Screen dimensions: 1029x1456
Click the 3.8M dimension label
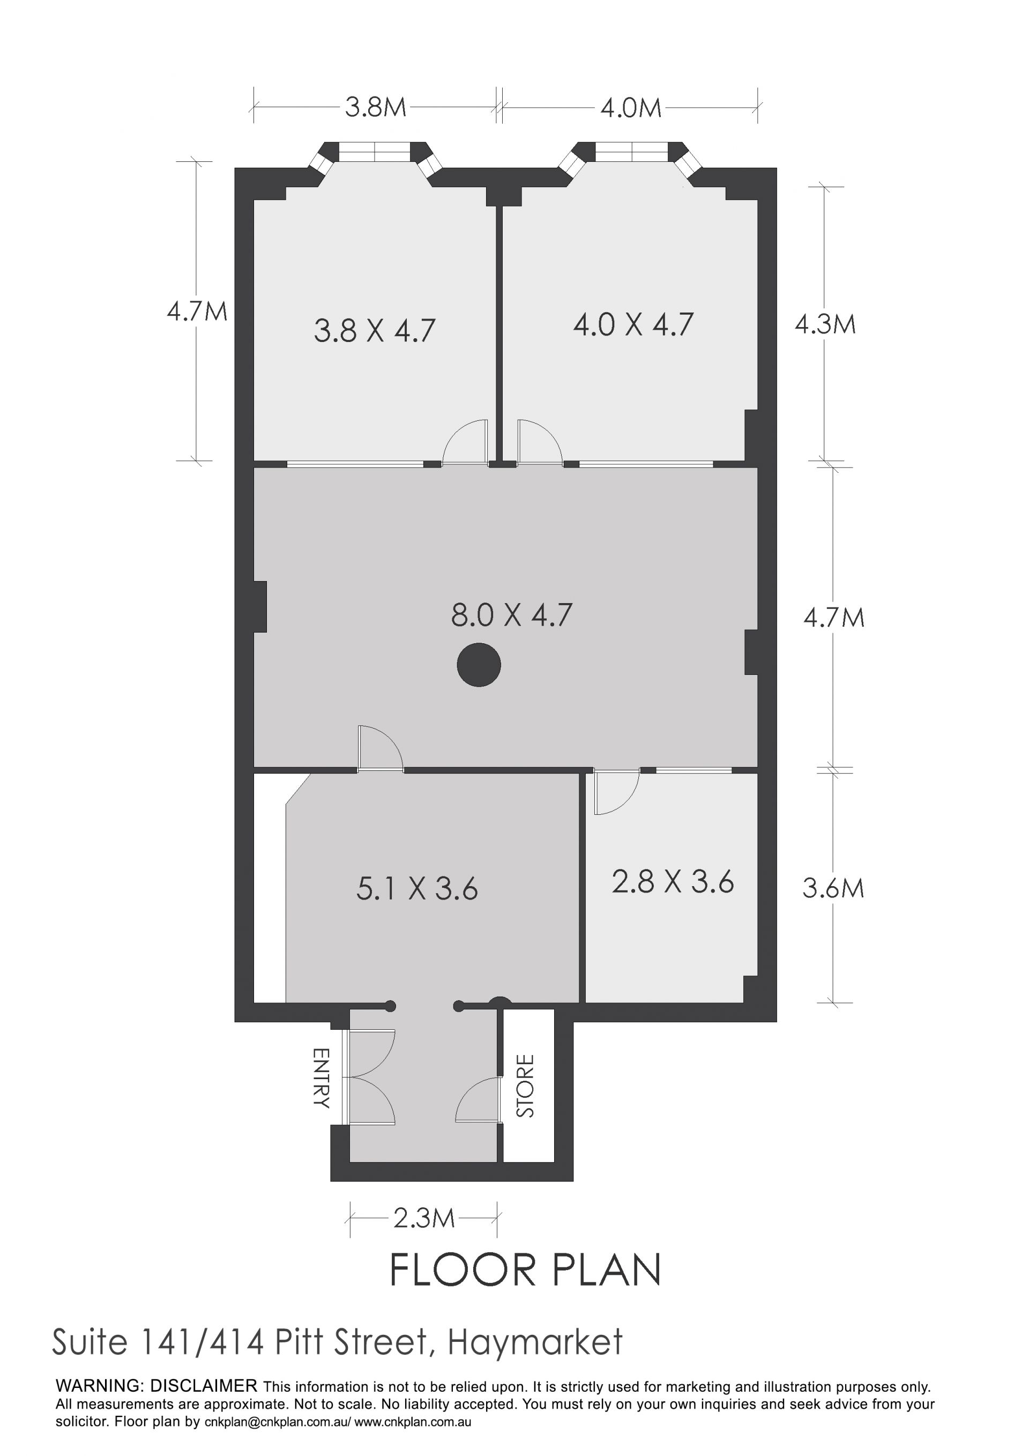tap(375, 108)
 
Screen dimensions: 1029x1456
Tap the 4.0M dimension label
tap(631, 108)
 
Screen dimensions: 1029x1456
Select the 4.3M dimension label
tap(825, 325)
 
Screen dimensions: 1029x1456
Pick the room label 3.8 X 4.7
tap(375, 331)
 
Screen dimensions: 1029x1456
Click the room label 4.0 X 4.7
tap(633, 325)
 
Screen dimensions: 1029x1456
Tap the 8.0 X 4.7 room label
tap(512, 615)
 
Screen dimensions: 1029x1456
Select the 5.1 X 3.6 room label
tap(416, 888)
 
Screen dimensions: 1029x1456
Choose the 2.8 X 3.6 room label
tap(673, 882)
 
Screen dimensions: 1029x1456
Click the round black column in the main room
tap(479, 665)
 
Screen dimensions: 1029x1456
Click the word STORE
tap(526, 1086)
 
